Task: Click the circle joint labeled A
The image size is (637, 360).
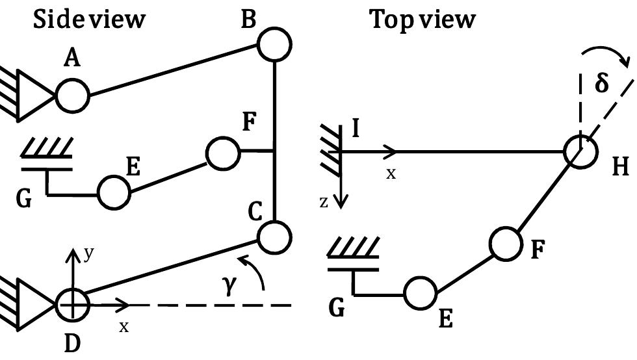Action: [x=72, y=96]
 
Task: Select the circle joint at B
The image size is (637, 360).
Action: [x=274, y=45]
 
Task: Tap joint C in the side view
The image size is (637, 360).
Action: [x=274, y=236]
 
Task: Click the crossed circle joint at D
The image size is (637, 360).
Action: [x=71, y=303]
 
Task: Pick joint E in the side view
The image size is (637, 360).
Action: [x=114, y=192]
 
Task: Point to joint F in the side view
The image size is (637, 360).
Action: [x=223, y=152]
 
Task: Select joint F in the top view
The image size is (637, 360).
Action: [x=506, y=243]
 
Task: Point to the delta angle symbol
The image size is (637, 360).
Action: [x=602, y=84]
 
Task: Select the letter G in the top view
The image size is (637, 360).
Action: [x=335, y=308]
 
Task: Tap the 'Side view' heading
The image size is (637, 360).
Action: [x=89, y=19]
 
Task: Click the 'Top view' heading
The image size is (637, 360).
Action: [x=422, y=19]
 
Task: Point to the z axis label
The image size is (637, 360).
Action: [x=324, y=203]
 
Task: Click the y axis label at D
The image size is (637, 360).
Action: [x=88, y=254]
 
